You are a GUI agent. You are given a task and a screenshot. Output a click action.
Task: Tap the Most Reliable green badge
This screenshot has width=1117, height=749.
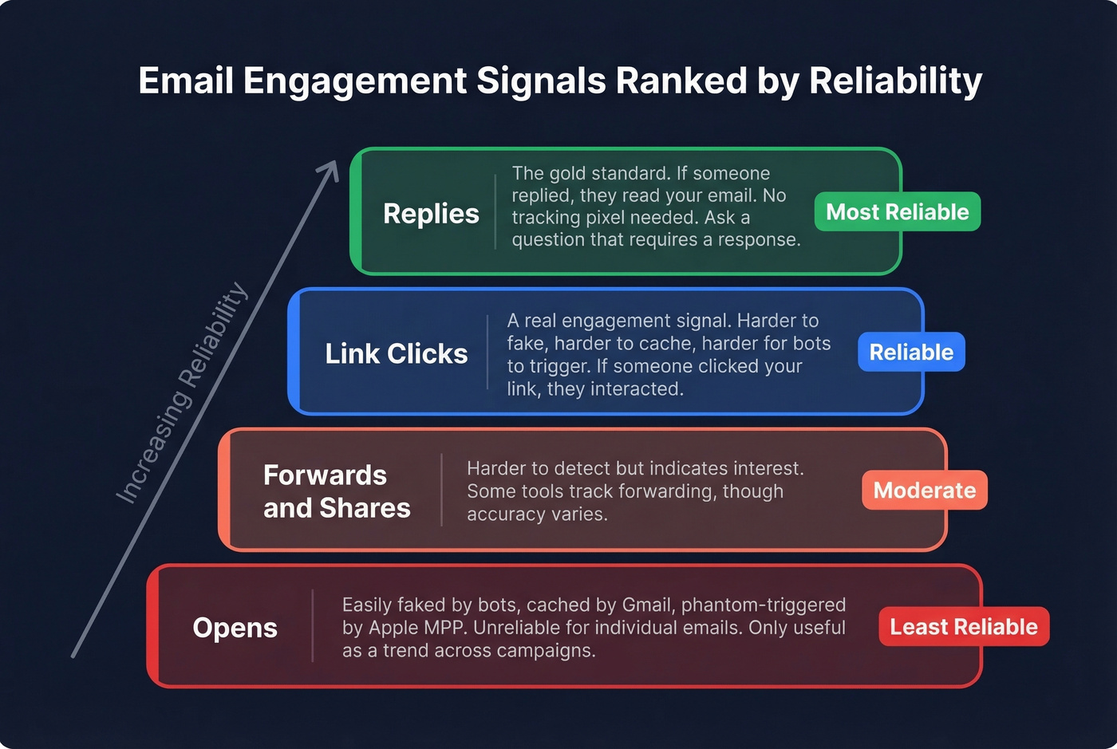coord(897,212)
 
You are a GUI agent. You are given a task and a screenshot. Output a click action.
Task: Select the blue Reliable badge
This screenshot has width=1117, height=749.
coord(911,353)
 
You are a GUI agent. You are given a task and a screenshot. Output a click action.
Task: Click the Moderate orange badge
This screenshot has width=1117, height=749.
coord(924,491)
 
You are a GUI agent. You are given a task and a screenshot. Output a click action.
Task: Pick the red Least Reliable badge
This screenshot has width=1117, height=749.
coord(963,627)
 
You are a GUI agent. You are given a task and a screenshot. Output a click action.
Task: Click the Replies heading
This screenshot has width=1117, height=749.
coord(431,214)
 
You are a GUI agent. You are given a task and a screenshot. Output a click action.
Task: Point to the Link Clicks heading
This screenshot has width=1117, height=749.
coord(396,353)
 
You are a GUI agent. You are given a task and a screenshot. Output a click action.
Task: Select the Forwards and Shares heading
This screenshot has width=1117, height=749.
coord(336,491)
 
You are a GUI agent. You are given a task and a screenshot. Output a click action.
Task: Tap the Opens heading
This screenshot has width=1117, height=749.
coord(235,628)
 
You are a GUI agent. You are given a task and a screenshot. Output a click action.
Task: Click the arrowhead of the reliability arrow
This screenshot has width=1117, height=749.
coord(330,170)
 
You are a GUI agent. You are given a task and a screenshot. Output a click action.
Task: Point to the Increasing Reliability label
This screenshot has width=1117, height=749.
coord(182,393)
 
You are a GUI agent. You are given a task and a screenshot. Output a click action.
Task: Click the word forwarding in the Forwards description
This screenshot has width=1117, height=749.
coord(672,491)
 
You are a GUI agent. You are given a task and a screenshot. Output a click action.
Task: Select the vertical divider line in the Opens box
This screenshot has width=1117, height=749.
coord(313,626)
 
